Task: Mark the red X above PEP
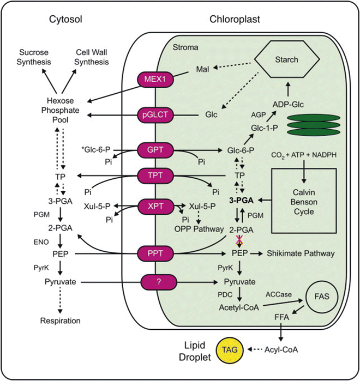click(238, 241)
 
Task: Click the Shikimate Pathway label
click(301, 253)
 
